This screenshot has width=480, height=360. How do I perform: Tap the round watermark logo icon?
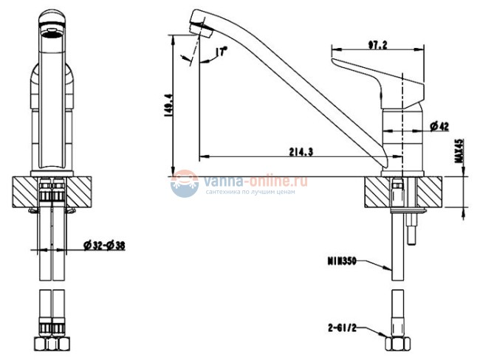point(184,183)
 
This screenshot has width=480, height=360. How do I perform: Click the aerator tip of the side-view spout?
point(201,25)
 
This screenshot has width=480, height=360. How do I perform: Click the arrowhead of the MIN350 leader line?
point(392,271)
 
